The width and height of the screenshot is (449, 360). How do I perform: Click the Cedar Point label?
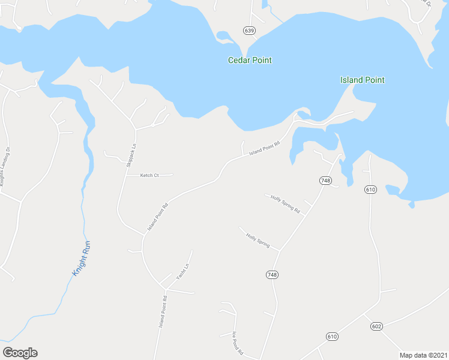tap(250, 60)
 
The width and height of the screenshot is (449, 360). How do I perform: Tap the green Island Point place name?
tap(362, 80)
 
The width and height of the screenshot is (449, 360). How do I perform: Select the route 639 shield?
tap(249, 30)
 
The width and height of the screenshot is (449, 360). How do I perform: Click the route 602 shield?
tap(376, 326)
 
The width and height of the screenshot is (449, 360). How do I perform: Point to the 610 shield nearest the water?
tap(370, 190)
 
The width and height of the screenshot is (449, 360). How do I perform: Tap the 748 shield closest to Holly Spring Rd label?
tap(325, 181)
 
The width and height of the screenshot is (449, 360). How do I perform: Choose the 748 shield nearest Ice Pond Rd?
tap(272, 274)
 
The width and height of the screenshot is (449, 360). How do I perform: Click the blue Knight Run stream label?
tap(81, 259)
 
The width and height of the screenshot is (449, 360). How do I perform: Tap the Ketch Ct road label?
tap(149, 175)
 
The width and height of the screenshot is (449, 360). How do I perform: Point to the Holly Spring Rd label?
tap(285, 204)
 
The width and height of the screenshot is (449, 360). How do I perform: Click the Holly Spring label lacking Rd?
tap(258, 241)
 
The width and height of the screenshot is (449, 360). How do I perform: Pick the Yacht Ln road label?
tap(182, 272)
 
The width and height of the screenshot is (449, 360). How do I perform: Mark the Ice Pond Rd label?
tap(237, 343)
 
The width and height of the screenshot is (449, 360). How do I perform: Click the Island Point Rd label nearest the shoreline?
tap(265, 148)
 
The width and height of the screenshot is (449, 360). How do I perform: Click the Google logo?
tap(20, 353)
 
